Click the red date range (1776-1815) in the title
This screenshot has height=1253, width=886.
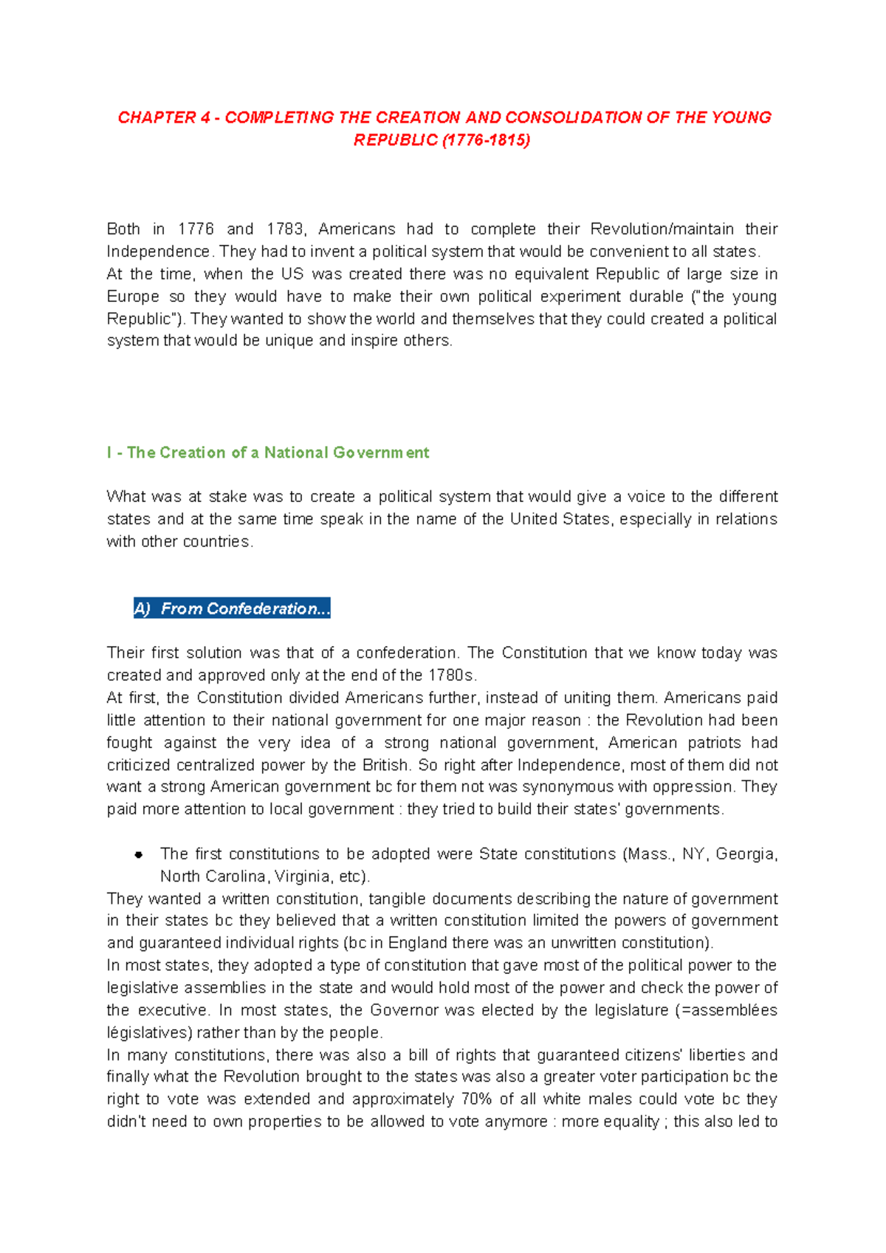485,140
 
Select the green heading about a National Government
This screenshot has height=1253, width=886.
268,453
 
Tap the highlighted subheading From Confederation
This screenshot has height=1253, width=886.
232,608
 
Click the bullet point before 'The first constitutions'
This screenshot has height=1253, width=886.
138,855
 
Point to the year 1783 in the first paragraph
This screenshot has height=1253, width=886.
284,229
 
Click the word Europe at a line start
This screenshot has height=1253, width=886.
133,296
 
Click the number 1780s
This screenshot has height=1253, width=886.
449,675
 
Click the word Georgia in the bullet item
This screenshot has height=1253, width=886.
746,854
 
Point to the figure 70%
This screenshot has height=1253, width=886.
477,1099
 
